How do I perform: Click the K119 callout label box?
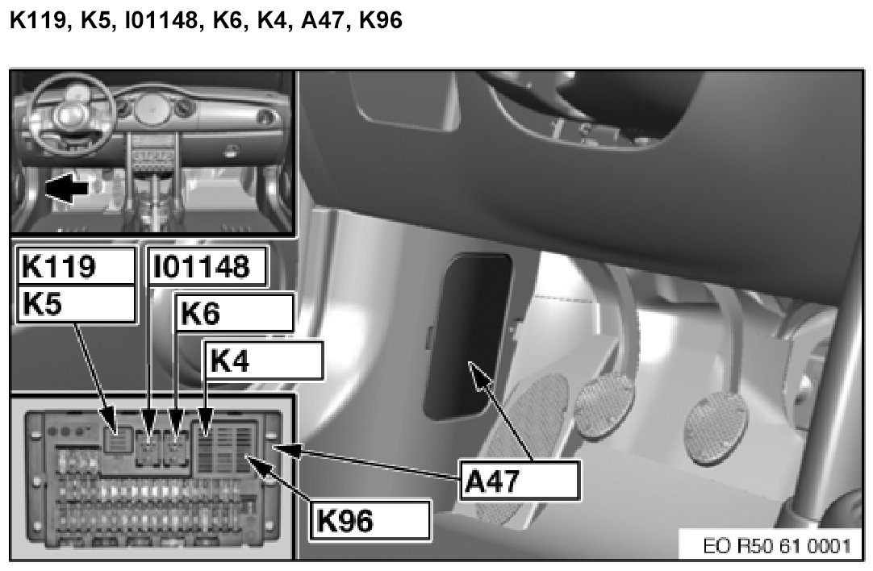click(77, 266)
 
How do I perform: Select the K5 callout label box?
click(77, 304)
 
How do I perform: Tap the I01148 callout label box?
click(207, 266)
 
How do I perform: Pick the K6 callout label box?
click(235, 314)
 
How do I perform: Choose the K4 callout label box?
click(264, 361)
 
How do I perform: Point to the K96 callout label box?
click(370, 520)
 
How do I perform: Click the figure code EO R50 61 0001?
click(777, 545)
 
